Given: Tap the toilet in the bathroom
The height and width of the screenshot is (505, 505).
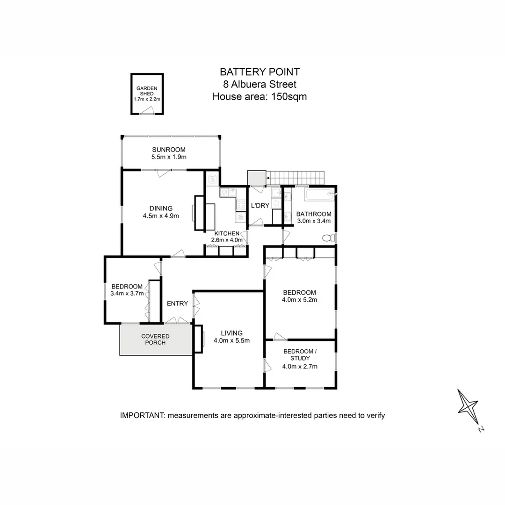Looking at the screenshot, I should [x=329, y=238].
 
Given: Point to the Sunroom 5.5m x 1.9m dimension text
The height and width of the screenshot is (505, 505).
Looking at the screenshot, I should [x=169, y=157].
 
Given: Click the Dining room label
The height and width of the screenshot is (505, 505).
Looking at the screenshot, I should [x=161, y=209].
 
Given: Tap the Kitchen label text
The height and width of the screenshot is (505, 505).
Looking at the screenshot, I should [x=227, y=233].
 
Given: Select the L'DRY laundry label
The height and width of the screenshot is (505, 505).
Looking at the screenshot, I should [x=259, y=206].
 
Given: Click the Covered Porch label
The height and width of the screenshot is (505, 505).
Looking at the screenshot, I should [x=155, y=339].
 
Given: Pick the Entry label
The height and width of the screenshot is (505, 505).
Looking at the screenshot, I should [x=177, y=303].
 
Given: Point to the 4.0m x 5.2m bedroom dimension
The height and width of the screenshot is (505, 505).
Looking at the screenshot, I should [x=300, y=300].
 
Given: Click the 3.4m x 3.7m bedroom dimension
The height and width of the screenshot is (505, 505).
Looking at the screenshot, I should [x=127, y=293].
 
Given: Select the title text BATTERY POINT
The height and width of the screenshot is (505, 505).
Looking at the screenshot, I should [x=260, y=72].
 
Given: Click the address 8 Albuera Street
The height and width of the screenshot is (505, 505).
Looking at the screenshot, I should [x=260, y=84].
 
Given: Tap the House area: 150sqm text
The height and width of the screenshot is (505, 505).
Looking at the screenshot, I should [x=260, y=97].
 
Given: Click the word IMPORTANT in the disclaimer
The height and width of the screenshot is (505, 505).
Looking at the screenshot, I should [x=141, y=415].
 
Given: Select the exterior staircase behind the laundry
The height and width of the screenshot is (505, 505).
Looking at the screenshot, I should [x=295, y=178].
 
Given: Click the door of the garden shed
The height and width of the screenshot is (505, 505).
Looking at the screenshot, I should [x=147, y=110].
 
